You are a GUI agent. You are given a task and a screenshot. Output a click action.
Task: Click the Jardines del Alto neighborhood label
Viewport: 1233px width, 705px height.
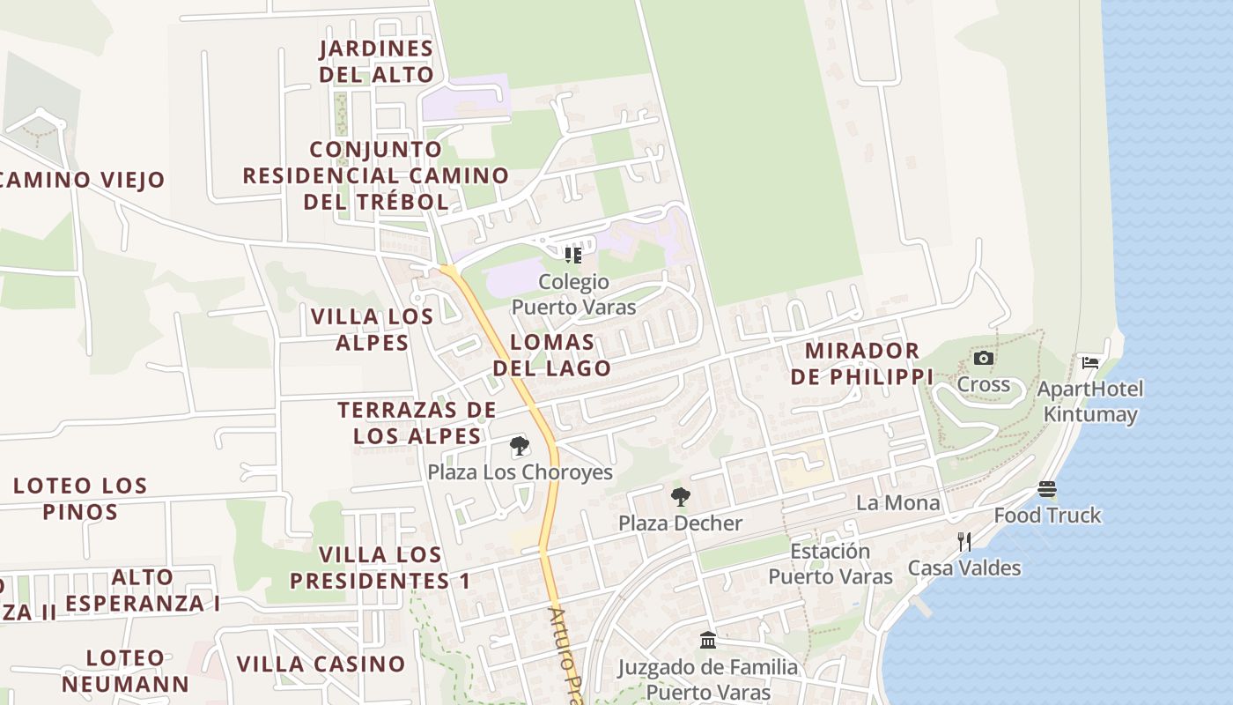click(376, 62)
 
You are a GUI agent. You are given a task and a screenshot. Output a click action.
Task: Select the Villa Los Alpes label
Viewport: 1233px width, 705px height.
click(373, 330)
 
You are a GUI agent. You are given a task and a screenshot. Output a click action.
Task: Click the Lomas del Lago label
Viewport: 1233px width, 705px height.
click(552, 355)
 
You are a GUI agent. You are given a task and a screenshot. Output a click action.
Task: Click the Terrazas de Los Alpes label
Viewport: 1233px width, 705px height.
click(417, 423)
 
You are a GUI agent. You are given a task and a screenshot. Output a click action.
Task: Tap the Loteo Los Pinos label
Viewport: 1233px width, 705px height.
click(79, 499)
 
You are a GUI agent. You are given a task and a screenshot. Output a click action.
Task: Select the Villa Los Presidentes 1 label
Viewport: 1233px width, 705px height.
click(380, 568)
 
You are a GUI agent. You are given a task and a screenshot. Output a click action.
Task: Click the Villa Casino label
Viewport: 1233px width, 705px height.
click(321, 664)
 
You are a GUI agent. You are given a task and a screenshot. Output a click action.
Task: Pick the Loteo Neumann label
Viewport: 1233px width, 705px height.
click(125, 671)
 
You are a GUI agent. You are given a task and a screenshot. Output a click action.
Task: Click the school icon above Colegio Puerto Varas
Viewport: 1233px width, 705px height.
click(573, 256)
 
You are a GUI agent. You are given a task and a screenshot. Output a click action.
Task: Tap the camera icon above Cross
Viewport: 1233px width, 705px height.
click(984, 359)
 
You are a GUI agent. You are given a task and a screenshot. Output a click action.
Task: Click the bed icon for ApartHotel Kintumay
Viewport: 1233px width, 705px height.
click(1090, 362)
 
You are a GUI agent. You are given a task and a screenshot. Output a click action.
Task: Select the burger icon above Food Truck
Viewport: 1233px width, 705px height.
click(1047, 488)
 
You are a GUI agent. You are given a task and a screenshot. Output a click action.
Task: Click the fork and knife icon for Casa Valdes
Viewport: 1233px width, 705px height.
click(964, 541)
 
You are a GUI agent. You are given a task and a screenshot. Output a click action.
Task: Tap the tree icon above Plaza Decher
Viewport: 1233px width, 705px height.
click(680, 497)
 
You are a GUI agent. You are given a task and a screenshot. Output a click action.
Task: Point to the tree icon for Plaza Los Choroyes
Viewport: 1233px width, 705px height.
click(520, 446)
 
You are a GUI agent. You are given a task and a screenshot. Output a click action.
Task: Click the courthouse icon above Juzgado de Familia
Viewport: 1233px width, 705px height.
click(708, 640)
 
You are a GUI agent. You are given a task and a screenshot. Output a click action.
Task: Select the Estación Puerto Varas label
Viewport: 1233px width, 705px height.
click(831, 564)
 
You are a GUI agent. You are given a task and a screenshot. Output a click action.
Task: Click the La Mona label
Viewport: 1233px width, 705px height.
click(897, 503)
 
